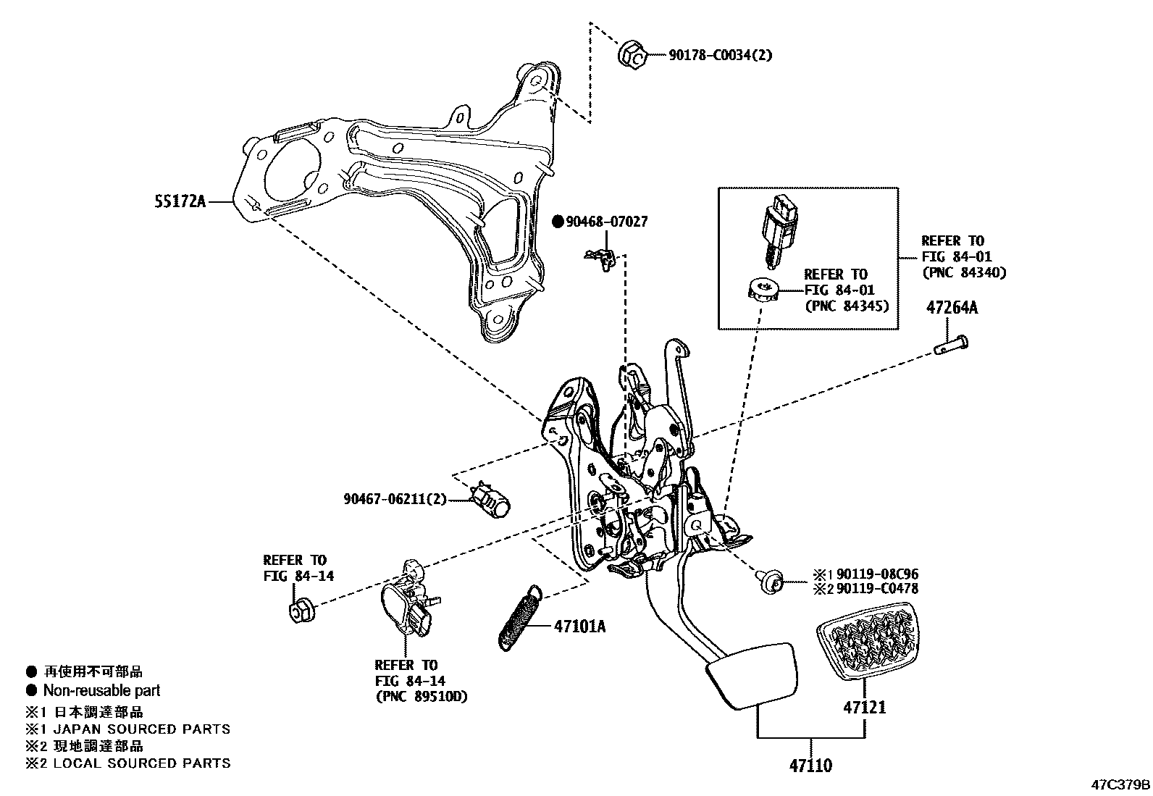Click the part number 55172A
pyautogui.click(x=180, y=201)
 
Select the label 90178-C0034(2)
pyautogui.click(x=719, y=54)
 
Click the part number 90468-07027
pyautogui.click(x=606, y=222)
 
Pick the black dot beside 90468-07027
pyautogui.click(x=558, y=222)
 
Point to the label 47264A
pyautogui.click(x=952, y=308)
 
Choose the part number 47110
pyautogui.click(x=810, y=765)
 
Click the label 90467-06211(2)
pyautogui.click(x=395, y=498)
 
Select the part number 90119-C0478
pyautogui.click(x=877, y=589)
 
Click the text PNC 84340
pyautogui.click(x=963, y=273)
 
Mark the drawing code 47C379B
pyautogui.click(x=1120, y=785)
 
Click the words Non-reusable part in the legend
pyautogui.click(x=101, y=690)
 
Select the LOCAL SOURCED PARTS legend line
pyautogui.click(x=142, y=763)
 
